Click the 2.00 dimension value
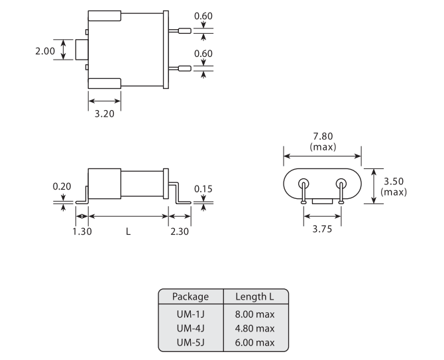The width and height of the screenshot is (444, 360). tap(46, 50)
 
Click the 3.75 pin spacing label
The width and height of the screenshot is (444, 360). tap(322, 229)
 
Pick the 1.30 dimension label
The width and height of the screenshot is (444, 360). tap(82, 231)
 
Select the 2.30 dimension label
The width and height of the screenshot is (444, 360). tap(180, 231)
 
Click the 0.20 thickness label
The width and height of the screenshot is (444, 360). tap(63, 186)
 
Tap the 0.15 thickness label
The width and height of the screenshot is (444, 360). tap(203, 189)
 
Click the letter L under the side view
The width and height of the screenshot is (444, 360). tap(128, 231)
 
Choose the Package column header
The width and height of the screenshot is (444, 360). tap(190, 296)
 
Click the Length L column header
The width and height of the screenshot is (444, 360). tap(254, 296)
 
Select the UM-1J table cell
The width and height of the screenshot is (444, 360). tap(190, 313)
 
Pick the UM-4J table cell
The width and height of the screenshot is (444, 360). tap(190, 328)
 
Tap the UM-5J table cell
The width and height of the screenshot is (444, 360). tap(190, 342)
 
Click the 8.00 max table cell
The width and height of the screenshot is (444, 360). tap(254, 313)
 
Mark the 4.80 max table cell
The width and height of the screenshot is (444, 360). tap(254, 328)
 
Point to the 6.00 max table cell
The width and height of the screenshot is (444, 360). tap(254, 342)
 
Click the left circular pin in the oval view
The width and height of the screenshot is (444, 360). tap(304, 184)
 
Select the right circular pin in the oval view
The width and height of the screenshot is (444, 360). tap(341, 184)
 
